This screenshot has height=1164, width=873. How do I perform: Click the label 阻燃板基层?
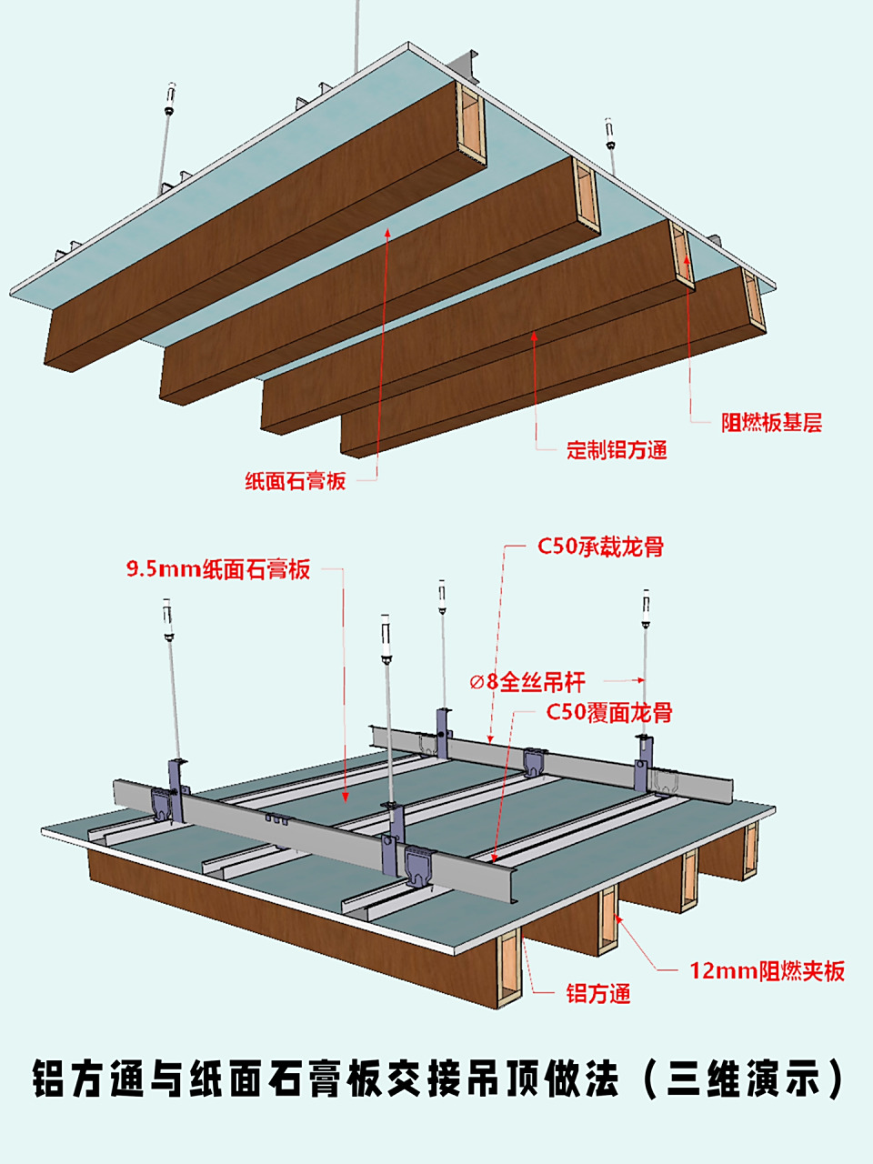tap(771, 422)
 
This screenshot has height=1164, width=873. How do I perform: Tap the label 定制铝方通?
tap(617, 449)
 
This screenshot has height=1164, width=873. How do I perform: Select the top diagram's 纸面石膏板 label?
tap(296, 480)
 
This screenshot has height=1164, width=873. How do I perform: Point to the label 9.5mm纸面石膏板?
tap(218, 570)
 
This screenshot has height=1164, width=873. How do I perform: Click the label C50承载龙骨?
tap(600, 547)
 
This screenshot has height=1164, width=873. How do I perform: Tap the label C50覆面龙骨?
tap(609, 712)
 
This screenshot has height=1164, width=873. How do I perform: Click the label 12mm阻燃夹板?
tap(767, 970)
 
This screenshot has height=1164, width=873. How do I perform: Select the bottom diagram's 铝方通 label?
tap(597, 994)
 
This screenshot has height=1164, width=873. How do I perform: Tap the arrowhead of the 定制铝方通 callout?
tap(535, 336)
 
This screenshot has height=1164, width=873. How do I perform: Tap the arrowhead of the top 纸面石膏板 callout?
tap(388, 232)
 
